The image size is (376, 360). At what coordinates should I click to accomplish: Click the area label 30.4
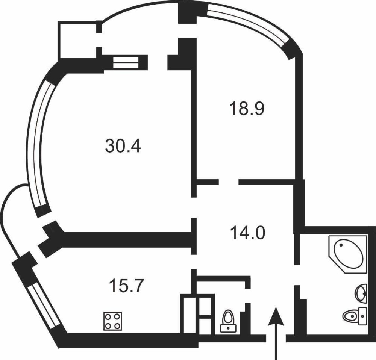(123, 147)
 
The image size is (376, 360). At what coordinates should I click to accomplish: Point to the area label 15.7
(126, 287)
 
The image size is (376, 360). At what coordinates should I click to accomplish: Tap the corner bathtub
(346, 252)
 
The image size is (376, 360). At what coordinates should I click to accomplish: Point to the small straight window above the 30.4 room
(126, 62)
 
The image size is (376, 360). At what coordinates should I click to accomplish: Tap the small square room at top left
(77, 40)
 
